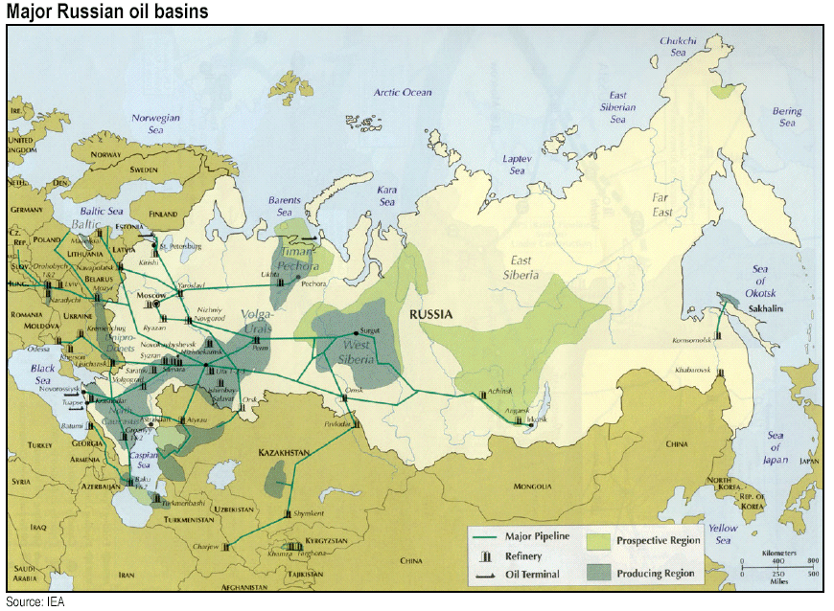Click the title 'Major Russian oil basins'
pos(106,11)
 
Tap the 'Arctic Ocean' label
pos(403,93)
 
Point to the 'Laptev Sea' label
pos(518,165)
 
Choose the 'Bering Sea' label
pos(787,117)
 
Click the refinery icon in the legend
pos(488,556)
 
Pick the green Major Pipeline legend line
pos(488,538)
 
